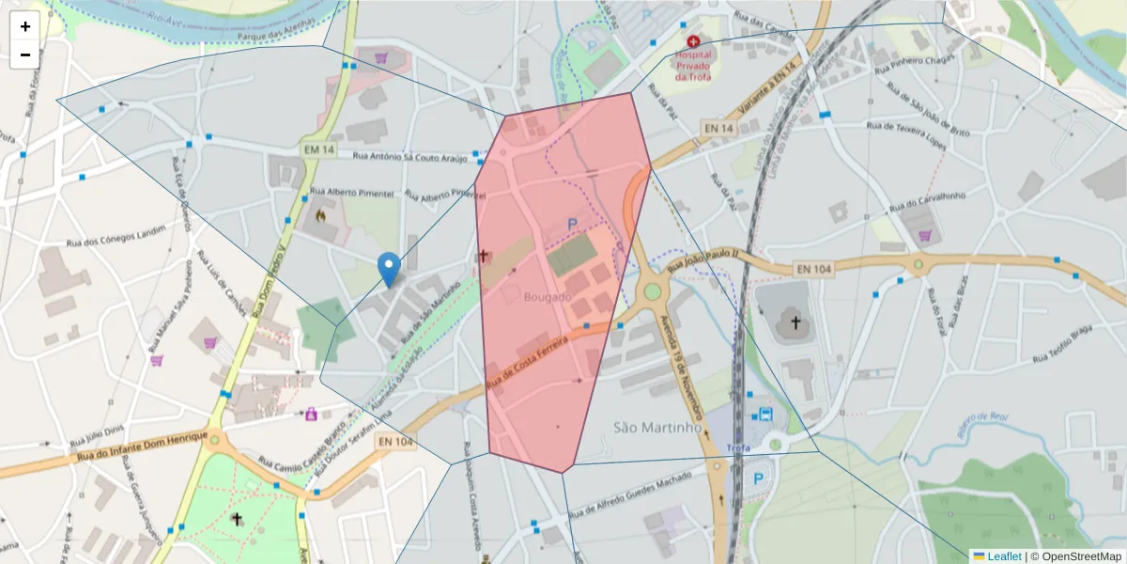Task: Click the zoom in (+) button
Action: tap(25, 26)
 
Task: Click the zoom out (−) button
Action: tap(25, 55)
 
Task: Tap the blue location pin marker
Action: tap(388, 269)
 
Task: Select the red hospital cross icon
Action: tap(693, 42)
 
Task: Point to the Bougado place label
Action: tap(548, 297)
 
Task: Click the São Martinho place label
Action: tap(657, 427)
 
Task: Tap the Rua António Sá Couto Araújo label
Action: tap(409, 156)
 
